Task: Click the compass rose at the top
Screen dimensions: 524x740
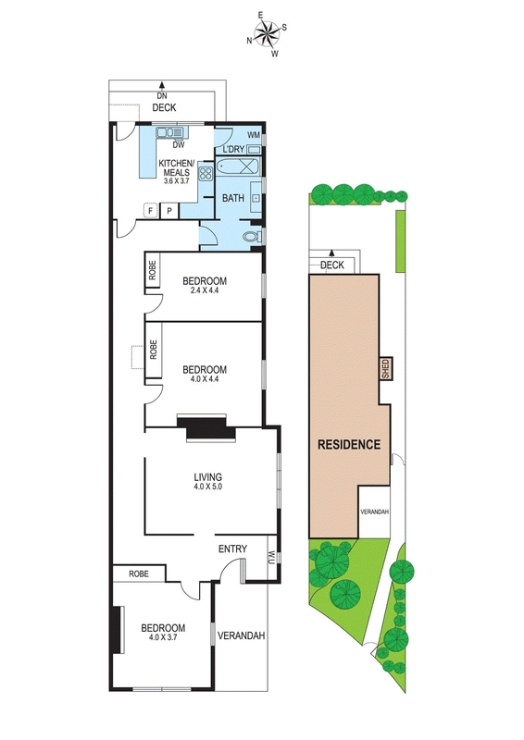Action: [267, 33]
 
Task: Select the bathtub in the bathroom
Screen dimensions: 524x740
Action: [238, 167]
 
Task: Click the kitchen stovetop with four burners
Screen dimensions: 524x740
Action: [206, 172]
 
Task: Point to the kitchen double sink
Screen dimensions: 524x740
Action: [169, 132]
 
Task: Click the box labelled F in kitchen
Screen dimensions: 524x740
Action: [150, 211]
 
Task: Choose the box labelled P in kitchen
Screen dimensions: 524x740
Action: [168, 211]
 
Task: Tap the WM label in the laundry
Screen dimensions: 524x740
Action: [254, 135]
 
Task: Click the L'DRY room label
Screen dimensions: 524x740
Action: [233, 149]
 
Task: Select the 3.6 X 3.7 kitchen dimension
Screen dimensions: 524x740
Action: [176, 180]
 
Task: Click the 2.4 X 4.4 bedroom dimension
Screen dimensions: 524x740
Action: [205, 290]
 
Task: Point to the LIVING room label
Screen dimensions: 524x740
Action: [208, 477]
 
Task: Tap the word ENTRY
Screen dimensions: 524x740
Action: [232, 549]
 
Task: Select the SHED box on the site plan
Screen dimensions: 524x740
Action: [385, 368]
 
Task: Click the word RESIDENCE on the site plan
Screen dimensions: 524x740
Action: [349, 445]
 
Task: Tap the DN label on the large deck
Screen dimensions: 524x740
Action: [162, 96]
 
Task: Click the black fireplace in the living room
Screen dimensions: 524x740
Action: [206, 428]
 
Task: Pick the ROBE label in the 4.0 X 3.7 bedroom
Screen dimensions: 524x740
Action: [139, 573]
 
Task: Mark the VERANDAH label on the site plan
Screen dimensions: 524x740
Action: [374, 512]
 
